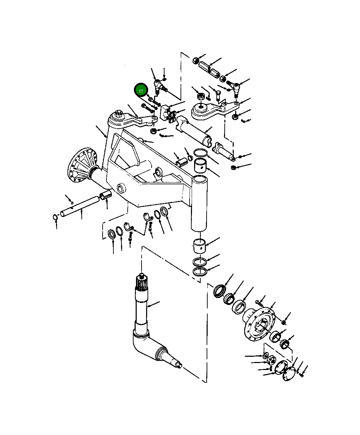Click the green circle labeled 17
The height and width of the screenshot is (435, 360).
(141, 91)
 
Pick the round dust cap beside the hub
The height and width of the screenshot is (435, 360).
(290, 374)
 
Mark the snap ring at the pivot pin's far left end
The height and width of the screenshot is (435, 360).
(55, 217)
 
